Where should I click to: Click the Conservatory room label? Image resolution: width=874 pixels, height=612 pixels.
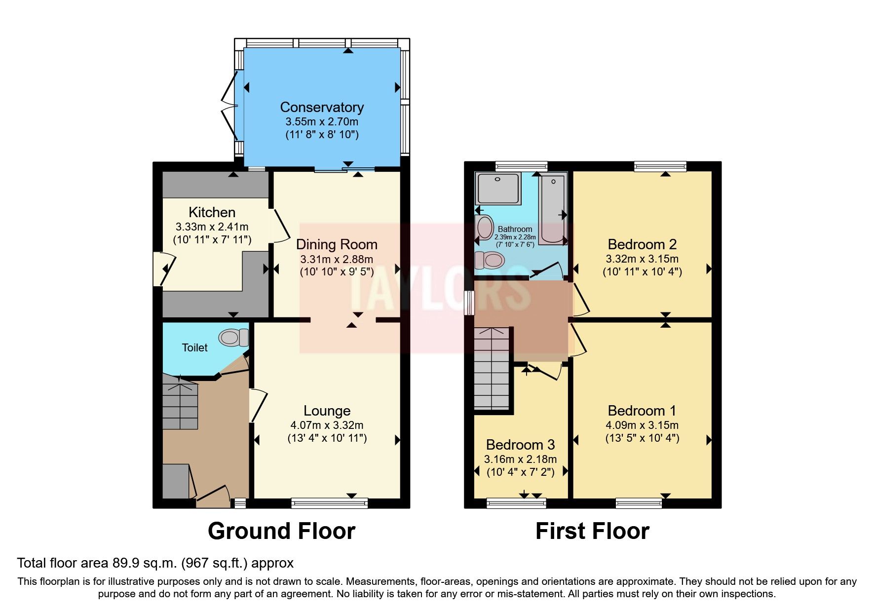click(322, 107)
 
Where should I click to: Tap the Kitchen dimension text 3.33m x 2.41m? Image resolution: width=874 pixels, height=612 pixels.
click(212, 227)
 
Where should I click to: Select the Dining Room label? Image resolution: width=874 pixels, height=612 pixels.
click(337, 244)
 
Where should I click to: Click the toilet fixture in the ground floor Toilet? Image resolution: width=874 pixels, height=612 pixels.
click(234, 338)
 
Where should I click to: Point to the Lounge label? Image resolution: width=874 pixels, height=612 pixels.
click(327, 411)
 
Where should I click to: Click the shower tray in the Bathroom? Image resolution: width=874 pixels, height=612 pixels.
click(498, 188)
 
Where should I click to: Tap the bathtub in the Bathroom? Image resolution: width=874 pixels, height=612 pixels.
click(552, 210)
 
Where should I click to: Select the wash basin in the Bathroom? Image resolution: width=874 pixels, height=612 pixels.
click(485, 228)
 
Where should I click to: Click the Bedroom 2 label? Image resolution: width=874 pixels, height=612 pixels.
click(642, 244)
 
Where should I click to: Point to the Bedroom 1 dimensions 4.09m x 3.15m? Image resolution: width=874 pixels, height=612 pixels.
click(642, 425)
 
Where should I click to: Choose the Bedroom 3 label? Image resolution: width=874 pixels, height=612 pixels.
click(520, 445)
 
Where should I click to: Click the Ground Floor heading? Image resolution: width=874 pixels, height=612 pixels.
click(281, 531)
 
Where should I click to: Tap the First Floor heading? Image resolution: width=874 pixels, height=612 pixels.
click(592, 531)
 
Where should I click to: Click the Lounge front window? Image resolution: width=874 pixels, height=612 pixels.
click(329, 503)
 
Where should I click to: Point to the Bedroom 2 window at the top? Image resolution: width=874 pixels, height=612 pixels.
click(660, 166)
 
